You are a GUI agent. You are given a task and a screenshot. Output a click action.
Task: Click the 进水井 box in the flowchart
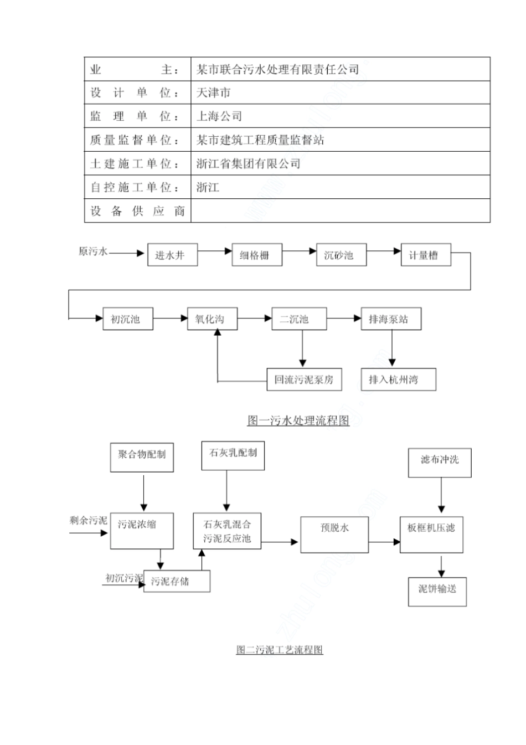172,255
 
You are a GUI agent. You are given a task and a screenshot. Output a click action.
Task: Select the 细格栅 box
257,255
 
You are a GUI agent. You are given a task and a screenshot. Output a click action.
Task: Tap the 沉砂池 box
341,255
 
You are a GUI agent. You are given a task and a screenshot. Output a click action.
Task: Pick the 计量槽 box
425,255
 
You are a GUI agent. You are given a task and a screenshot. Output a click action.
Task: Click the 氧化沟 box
212,319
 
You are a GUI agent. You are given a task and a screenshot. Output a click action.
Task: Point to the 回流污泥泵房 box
304,379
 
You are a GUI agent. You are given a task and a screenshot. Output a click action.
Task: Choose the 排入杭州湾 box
398,379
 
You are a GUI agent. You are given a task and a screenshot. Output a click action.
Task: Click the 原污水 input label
92,252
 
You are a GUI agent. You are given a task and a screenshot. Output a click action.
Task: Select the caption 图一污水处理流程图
298,421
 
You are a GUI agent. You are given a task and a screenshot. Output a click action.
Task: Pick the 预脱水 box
334,534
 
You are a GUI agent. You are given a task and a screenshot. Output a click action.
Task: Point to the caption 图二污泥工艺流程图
280,650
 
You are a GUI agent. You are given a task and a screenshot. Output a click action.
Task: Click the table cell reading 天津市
340,93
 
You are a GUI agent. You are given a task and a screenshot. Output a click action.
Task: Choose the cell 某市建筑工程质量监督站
340,140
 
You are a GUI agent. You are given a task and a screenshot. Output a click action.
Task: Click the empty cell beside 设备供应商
340,211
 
